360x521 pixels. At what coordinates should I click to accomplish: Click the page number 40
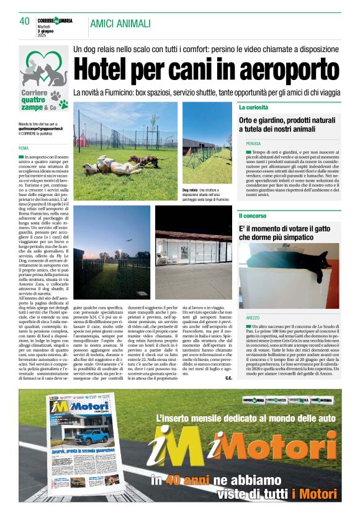[x=25, y=21]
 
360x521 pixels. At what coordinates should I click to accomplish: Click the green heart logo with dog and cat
[x=43, y=70]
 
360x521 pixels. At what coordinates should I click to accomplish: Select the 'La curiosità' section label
[x=254, y=107]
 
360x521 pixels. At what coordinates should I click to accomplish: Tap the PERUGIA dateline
[x=253, y=143]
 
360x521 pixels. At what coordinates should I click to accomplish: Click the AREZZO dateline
[x=252, y=318]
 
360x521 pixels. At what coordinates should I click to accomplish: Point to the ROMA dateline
[x=24, y=149]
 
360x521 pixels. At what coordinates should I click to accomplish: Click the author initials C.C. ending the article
[x=228, y=378]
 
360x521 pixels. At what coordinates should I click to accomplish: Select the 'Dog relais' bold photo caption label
[x=190, y=189]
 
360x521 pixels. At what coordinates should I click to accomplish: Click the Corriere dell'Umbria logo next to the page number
[x=57, y=20]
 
